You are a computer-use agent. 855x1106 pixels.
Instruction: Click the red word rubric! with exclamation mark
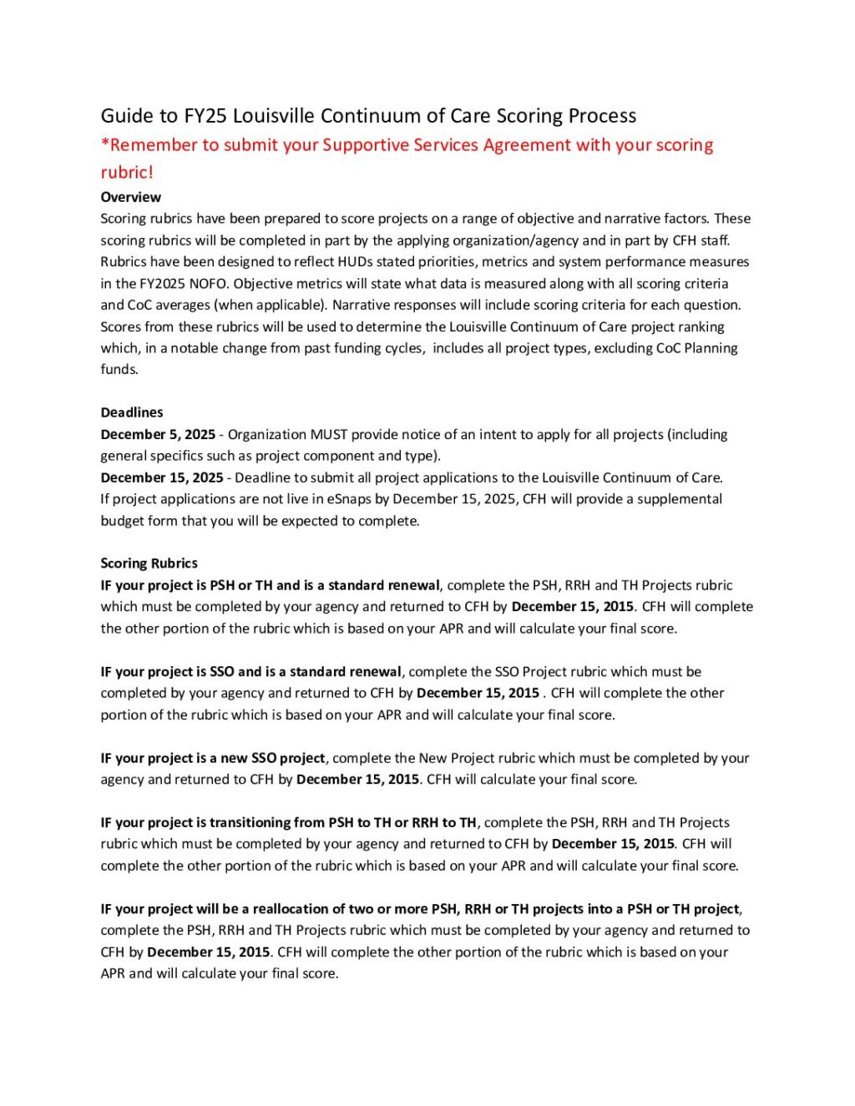pyautogui.click(x=127, y=173)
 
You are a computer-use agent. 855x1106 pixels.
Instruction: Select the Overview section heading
pyautogui.click(x=131, y=198)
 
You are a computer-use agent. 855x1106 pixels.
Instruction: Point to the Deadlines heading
pyautogui.click(x=132, y=413)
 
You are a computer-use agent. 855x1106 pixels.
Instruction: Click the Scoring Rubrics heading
pyautogui.click(x=149, y=563)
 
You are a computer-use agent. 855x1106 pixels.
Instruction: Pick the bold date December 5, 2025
pyautogui.click(x=158, y=435)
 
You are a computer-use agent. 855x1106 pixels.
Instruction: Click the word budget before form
pyautogui.click(x=122, y=521)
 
